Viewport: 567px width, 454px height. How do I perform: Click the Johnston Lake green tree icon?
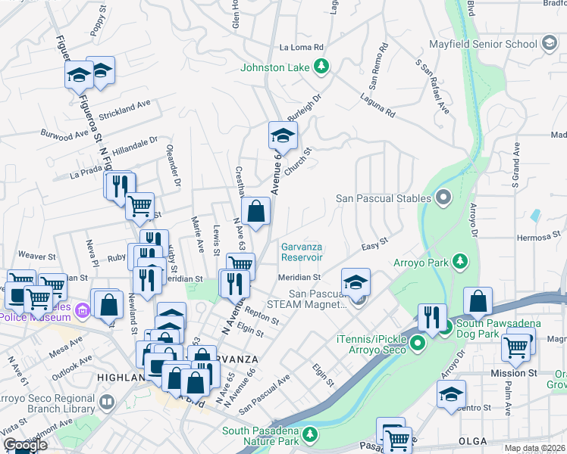pyautogui.click(x=321, y=67)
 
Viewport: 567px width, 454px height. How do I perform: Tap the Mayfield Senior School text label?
pyautogui.click(x=483, y=44)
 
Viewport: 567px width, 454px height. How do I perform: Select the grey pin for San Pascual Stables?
pyautogui.click(x=443, y=199)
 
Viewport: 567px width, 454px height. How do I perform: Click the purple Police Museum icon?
pyautogui.click(x=83, y=309)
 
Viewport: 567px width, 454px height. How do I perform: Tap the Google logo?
pyautogui.click(x=25, y=445)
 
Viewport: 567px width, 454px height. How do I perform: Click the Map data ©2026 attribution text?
pyautogui.click(x=534, y=448)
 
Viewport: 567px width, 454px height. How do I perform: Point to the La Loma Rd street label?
pyautogui.click(x=302, y=47)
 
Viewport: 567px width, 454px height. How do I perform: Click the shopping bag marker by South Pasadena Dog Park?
pyautogui.click(x=478, y=302)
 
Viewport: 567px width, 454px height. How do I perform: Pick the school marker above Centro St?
pyautogui.click(x=451, y=394)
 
